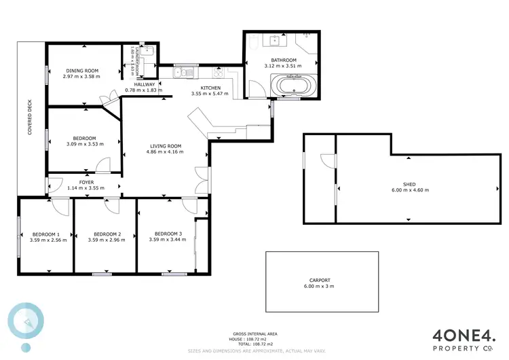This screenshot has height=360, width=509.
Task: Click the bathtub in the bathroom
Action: point(293,87)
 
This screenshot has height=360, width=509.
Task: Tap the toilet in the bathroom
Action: point(252,44)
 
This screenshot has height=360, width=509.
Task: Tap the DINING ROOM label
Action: point(81,71)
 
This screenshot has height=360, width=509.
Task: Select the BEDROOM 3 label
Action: point(166,233)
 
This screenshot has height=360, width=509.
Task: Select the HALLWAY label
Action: point(140,84)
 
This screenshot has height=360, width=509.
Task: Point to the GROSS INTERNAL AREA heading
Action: point(254,334)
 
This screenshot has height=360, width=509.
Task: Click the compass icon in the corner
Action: point(26,321)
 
